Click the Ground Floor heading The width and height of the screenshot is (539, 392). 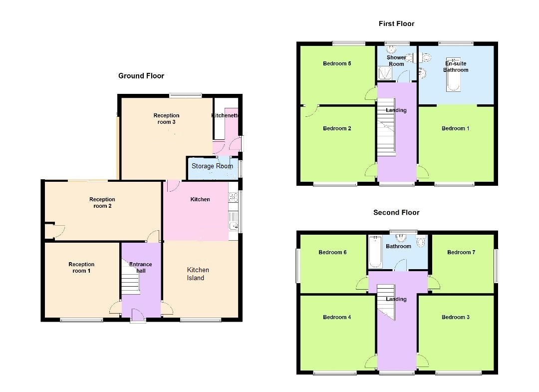[x=141, y=75]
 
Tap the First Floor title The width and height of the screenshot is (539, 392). [x=396, y=24]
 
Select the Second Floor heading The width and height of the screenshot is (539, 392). [x=396, y=213]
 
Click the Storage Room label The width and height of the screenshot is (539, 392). [x=212, y=166]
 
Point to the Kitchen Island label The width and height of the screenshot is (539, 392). [x=198, y=274]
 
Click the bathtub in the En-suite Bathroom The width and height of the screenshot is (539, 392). [x=453, y=74]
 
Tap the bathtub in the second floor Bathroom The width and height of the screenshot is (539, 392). [x=375, y=252]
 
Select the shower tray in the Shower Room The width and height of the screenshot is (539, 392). [x=385, y=73]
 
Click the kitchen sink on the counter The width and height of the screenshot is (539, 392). [x=234, y=221]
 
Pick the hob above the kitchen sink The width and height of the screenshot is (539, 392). [x=234, y=197]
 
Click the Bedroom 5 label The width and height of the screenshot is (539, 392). [x=337, y=63]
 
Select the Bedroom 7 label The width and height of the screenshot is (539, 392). [x=461, y=252]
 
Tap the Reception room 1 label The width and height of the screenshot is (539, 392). [x=81, y=268]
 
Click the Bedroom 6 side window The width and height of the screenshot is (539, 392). [x=298, y=266]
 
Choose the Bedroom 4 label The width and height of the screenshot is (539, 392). [x=337, y=317]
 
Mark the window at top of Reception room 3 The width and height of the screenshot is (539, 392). [x=185, y=95]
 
